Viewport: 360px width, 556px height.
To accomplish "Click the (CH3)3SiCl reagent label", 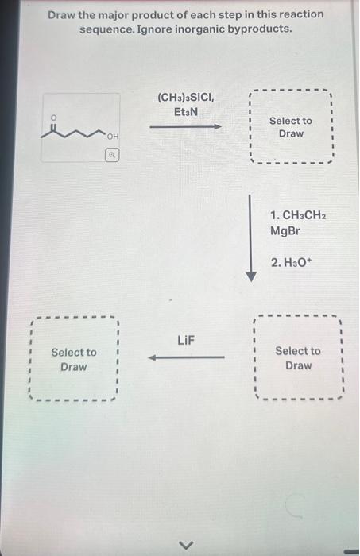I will [185, 98].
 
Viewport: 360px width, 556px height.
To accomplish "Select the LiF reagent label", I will [185, 341].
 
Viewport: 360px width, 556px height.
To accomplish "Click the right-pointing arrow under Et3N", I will [185, 126].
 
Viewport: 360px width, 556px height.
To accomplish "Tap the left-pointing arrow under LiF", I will [186, 357].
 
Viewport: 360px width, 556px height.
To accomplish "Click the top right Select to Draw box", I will [291, 126].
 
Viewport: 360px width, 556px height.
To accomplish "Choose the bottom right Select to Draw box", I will [298, 358].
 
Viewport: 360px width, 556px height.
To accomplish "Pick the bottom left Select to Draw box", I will [73, 359].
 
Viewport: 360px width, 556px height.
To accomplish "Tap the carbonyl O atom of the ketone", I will [55, 117].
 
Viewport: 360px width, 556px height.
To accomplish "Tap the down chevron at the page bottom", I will [188, 544].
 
